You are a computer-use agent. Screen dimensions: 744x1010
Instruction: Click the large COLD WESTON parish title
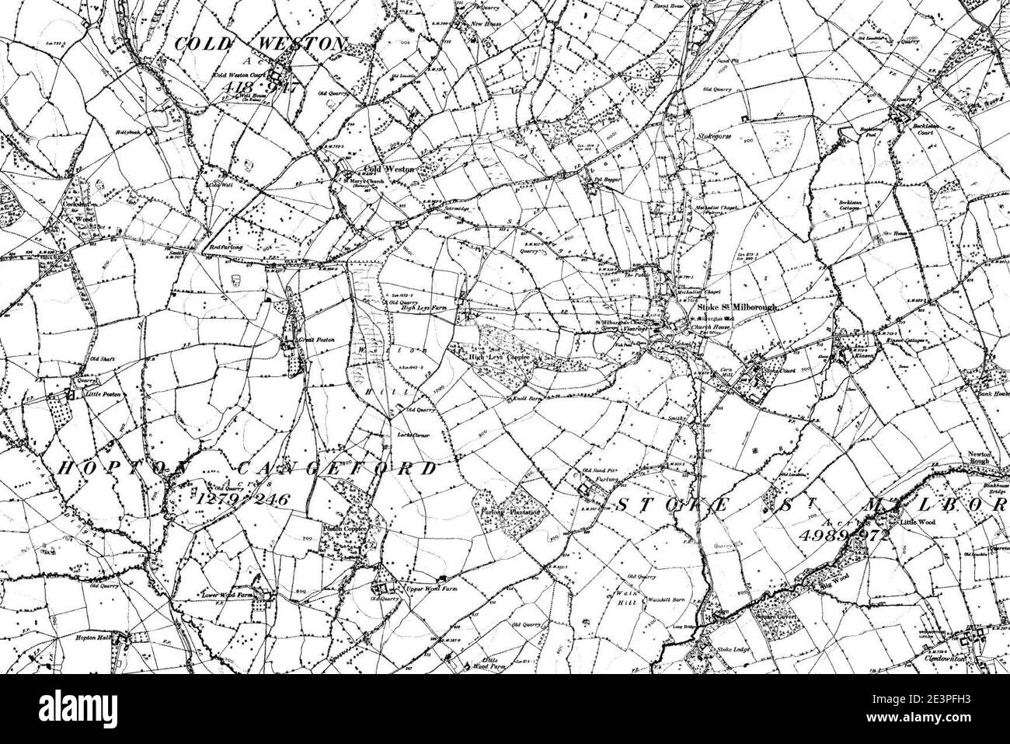pos(258,45)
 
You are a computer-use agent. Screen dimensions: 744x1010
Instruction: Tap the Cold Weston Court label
pos(238,76)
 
